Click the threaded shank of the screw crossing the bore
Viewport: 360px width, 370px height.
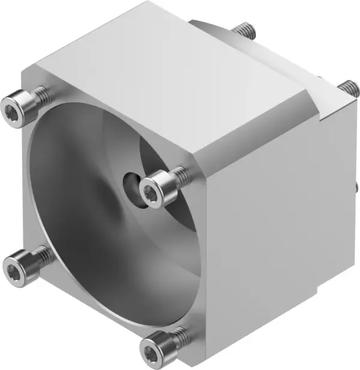[178, 176]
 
